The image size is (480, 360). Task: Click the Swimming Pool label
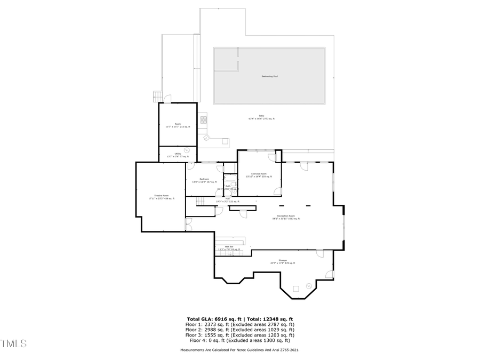pyautogui.click(x=269, y=76)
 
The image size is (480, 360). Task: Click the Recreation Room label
pyautogui.click(x=286, y=218)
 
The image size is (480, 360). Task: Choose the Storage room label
pyautogui.click(x=275, y=261)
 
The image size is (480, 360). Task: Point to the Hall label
pyautogui.click(x=227, y=200)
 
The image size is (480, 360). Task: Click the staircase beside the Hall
pyautogui.click(x=200, y=201)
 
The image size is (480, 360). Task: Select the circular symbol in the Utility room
pyautogui.click(x=186, y=150)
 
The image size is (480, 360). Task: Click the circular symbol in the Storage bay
pyautogui.click(x=308, y=287)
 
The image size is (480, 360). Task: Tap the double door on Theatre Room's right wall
pyautogui.click(x=187, y=224)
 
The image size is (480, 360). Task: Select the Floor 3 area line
pyautogui.click(x=240, y=334)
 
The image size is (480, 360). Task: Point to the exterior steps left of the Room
pyautogui.click(x=157, y=97)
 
